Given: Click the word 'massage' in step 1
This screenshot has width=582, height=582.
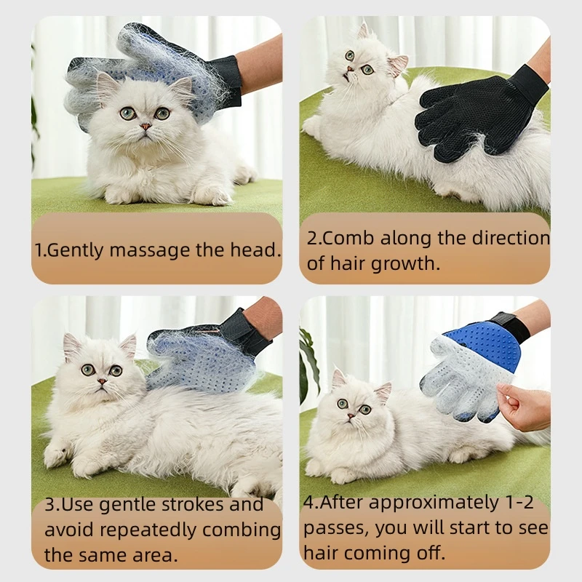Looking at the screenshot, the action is pyautogui.click(x=151, y=250).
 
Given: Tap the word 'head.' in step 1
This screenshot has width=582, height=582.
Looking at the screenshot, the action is pyautogui.click(x=255, y=250).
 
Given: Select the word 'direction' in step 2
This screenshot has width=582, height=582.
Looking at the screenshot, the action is pyautogui.click(x=511, y=238).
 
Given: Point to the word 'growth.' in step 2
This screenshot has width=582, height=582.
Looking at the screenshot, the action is pyautogui.click(x=405, y=264).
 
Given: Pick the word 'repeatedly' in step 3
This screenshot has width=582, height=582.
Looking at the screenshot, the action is pyautogui.click(x=150, y=531).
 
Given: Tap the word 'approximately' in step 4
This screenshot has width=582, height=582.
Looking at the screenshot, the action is pyautogui.click(x=434, y=503).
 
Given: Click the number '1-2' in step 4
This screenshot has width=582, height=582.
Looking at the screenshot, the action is pyautogui.click(x=519, y=502).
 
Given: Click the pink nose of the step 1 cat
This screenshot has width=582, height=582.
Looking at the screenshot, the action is pyautogui.click(x=145, y=127).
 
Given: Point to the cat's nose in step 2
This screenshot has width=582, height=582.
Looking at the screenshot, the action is pyautogui.click(x=349, y=69).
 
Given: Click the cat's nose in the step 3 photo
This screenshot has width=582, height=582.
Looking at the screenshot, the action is pyautogui.click(x=101, y=381).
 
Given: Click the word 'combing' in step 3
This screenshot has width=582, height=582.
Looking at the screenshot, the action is pyautogui.click(x=242, y=531).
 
